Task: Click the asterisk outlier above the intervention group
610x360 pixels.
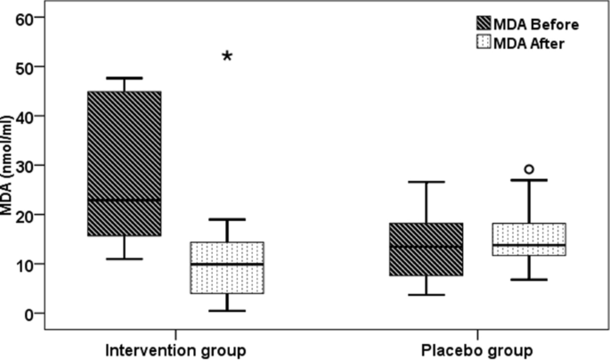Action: pyautogui.click(x=227, y=57)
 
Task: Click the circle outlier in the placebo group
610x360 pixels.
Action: pyautogui.click(x=529, y=168)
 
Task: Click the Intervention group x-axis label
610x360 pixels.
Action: pyautogui.click(x=175, y=347)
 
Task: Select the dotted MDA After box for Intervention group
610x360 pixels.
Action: pyautogui.click(x=227, y=267)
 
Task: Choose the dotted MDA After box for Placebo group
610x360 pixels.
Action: pyautogui.click(x=529, y=239)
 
